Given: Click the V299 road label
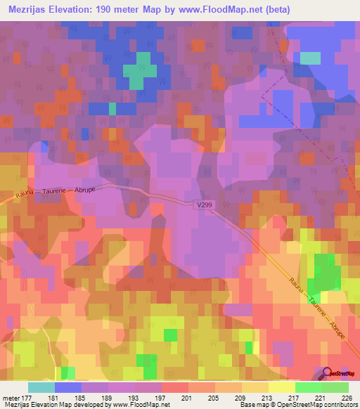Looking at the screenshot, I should (203, 204).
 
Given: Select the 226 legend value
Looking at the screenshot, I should (347, 398).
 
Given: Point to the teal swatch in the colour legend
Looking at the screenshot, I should (41, 387).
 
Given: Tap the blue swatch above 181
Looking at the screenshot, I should (68, 387).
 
